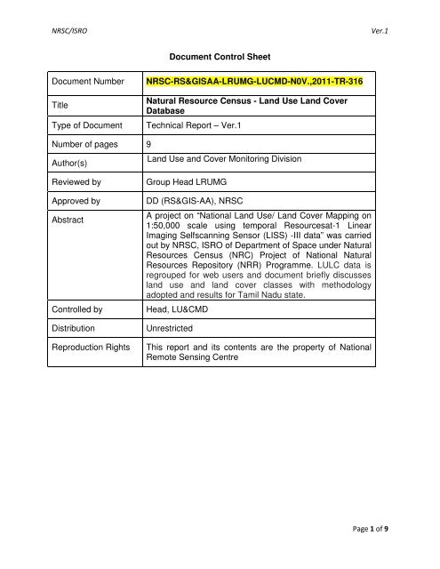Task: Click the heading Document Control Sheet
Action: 219,52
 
